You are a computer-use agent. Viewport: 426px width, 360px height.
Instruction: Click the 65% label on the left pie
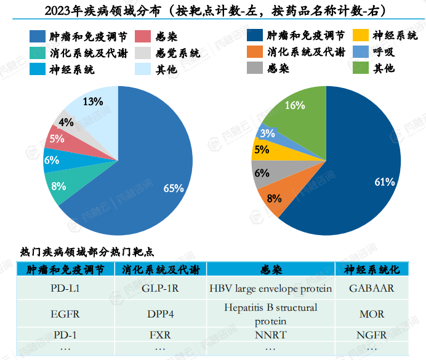coord(174,188)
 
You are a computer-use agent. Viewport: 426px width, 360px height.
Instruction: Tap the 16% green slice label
coord(295,105)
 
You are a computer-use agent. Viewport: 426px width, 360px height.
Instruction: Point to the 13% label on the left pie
coord(93,102)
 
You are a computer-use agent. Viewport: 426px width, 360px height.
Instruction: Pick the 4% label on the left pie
coord(66,122)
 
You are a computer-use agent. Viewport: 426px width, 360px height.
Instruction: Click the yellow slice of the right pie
coord(262,150)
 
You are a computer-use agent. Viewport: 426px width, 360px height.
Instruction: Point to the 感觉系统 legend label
coord(179,54)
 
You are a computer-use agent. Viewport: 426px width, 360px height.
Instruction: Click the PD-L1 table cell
coord(65,288)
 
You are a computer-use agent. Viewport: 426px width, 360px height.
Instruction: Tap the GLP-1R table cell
coord(160,288)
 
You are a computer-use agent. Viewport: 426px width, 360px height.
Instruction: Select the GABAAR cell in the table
coord(371,288)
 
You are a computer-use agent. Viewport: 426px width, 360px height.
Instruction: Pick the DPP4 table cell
coord(160,314)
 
